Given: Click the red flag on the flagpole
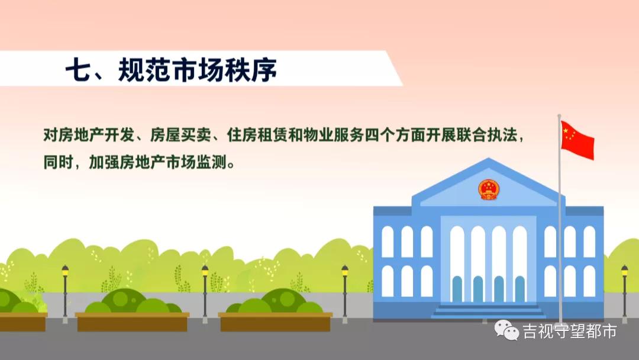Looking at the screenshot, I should point(577,140).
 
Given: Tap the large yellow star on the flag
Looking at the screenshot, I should point(567,130).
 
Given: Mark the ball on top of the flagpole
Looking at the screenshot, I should point(559,115).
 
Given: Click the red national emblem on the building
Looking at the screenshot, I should point(489,189).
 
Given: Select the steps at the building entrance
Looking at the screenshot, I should point(489,311).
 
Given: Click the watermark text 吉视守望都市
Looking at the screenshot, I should point(569,331).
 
